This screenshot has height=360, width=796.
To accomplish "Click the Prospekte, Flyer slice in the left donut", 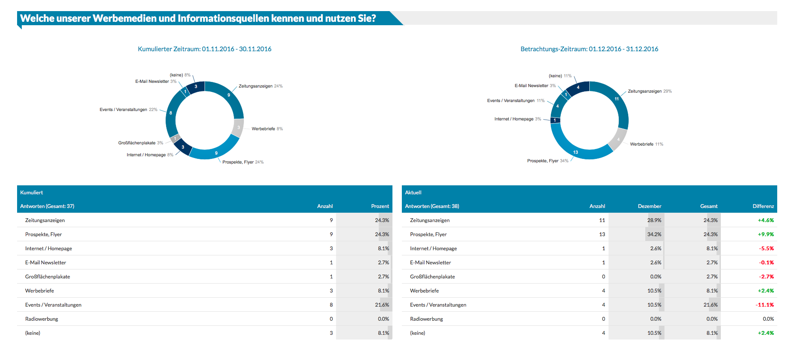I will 216,152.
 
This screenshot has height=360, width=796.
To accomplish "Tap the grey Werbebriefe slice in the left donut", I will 238,127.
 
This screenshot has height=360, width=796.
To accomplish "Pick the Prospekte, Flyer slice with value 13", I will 576,152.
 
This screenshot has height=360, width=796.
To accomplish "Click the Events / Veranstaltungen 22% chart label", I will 129,110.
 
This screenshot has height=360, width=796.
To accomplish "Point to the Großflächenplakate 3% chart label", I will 140,143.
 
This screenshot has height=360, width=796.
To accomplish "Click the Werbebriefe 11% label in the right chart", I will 647,144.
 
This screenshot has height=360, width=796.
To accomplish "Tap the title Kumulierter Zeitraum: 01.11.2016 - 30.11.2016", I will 205,49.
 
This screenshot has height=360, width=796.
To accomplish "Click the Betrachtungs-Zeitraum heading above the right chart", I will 589,49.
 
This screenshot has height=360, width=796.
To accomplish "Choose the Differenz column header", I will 763,206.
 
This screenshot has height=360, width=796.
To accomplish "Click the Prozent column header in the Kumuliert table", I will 380,206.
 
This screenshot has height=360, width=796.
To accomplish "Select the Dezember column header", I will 650,206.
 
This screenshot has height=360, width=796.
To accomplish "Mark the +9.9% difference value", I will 766,234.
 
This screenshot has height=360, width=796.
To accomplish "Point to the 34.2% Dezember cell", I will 654,234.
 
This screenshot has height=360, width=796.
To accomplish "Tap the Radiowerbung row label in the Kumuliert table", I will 41,319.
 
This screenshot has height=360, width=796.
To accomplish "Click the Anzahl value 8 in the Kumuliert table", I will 331,305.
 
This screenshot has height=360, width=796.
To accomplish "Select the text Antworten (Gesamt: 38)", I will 432,206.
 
